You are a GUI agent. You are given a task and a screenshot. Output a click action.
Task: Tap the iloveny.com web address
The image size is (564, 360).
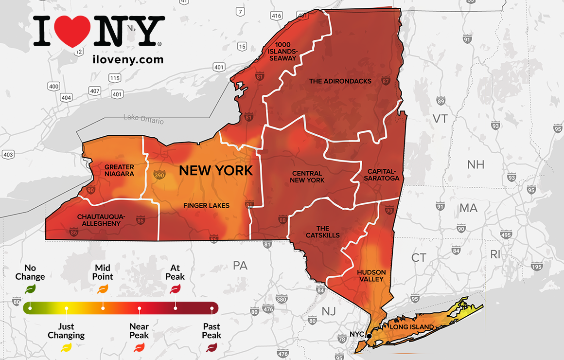coord(127,59)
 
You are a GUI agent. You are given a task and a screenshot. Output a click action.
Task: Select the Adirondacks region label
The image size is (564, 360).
coord(340,81)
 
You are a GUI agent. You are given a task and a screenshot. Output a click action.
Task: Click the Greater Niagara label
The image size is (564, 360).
coord(119,170)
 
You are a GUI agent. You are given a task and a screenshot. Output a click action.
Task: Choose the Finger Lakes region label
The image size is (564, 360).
coord(206,205)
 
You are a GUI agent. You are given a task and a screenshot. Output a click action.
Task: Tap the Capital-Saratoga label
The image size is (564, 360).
coord(383,175)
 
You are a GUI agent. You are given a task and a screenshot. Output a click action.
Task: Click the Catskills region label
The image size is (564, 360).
coord(323,232)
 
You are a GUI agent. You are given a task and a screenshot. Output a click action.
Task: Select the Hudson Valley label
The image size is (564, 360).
coord(371,275)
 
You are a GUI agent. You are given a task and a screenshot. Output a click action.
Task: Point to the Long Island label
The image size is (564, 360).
coord(412,327)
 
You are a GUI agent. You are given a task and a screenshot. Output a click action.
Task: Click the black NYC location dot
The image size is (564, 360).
coord(369,336)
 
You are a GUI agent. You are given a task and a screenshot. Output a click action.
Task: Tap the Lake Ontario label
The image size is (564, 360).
coord(143,118)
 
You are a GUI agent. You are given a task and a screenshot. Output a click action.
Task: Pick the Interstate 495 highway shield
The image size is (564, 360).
coord(506,235)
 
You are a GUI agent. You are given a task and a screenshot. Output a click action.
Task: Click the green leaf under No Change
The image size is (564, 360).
coord(30,289)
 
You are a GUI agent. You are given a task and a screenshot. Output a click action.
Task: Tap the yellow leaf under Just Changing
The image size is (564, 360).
coord(66,347)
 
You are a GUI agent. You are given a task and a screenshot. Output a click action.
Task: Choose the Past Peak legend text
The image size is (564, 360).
coord(211,331)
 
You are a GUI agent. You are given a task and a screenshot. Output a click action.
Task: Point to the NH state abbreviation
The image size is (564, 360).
coord(476,164)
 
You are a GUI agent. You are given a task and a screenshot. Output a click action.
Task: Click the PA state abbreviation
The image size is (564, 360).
coord(240,265)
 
